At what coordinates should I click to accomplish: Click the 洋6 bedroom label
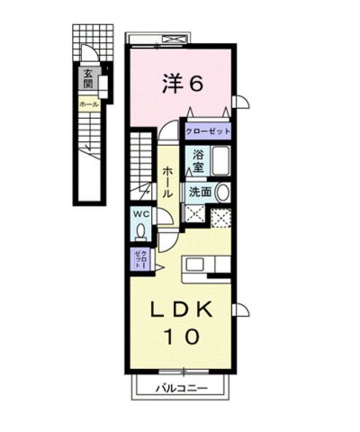tap(184, 84)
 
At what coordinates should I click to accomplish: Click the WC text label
tap(141, 214)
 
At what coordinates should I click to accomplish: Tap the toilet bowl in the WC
tap(141, 230)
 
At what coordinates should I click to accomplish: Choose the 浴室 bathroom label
tap(197, 160)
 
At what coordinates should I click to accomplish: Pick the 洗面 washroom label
tap(200, 192)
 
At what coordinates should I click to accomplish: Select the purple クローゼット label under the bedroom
tap(208, 131)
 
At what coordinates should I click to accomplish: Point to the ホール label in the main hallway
tap(167, 182)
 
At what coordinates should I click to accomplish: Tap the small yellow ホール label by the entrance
tap(88, 104)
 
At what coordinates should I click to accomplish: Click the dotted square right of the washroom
tap(221, 217)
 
